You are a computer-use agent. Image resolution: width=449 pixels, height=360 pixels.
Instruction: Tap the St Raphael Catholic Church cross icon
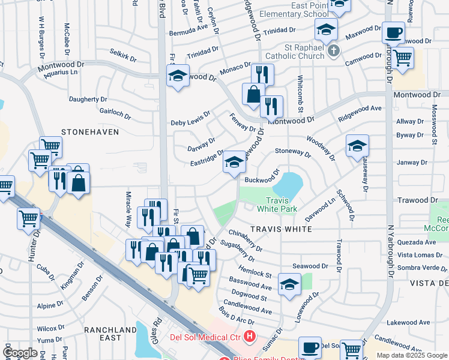[334, 52]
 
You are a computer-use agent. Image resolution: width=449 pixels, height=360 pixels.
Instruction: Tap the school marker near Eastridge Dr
[234, 163]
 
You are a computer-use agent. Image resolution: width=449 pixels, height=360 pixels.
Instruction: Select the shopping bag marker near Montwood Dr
[253, 95]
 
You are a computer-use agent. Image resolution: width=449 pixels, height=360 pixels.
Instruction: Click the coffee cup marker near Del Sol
[310, 347]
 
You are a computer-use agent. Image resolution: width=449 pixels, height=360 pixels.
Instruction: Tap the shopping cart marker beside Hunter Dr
[29, 219]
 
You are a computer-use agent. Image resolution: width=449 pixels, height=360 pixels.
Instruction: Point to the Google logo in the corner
[20, 353]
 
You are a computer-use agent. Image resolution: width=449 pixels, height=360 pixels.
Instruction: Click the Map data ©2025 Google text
[412, 355]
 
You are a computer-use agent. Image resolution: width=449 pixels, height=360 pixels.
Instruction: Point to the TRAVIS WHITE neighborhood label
[281, 229]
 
